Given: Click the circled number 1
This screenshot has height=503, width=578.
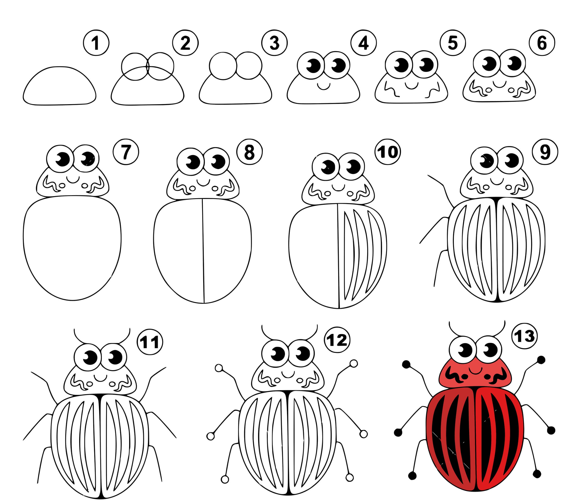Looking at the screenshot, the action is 96,43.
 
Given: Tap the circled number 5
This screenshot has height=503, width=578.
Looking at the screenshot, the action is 453,43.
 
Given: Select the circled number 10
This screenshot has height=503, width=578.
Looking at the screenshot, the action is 388,152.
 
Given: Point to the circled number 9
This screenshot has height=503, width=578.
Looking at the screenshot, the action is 545,152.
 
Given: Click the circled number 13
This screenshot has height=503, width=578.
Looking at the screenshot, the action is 525,336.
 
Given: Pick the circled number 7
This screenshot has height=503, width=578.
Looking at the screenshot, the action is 126,152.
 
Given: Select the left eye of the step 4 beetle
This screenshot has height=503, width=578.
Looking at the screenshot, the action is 311,65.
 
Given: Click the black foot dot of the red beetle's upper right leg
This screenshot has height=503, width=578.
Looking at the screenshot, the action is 541,360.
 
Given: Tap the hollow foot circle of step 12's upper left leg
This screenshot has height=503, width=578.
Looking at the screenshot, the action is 219,368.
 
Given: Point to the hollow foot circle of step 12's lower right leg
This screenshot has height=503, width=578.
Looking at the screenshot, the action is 349,477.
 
